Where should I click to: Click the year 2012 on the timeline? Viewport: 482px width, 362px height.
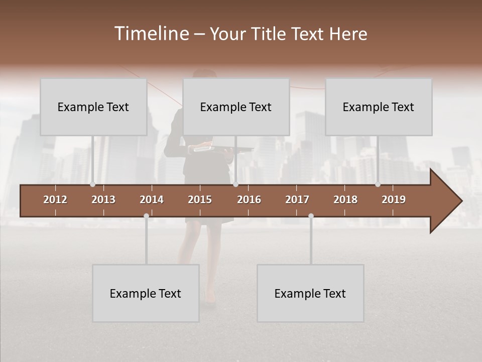click(x=55, y=200)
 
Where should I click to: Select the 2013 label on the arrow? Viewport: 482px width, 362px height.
click(x=103, y=200)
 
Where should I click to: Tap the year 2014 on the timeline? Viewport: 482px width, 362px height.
click(x=152, y=200)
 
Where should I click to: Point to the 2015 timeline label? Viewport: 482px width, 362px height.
click(x=200, y=200)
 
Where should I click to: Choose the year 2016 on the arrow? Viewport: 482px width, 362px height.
click(x=249, y=200)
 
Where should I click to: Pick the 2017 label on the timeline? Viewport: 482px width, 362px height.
click(x=297, y=200)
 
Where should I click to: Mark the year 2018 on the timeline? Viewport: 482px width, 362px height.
click(x=345, y=200)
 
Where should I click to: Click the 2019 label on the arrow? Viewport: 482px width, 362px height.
click(x=394, y=200)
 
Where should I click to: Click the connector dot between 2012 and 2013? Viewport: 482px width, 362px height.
click(x=92, y=185)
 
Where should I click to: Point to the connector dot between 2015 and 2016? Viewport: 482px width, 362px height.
click(x=235, y=185)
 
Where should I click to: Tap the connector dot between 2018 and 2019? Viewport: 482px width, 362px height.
click(x=378, y=185)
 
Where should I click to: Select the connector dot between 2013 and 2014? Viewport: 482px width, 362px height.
click(x=146, y=216)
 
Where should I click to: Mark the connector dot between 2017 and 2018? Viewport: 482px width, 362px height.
click(x=311, y=216)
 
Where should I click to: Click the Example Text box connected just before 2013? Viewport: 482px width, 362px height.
click(x=93, y=107)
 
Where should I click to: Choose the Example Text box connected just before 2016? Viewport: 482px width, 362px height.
click(x=236, y=107)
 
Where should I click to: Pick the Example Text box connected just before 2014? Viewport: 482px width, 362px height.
click(x=146, y=293)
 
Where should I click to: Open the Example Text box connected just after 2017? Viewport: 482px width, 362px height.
click(x=310, y=293)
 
